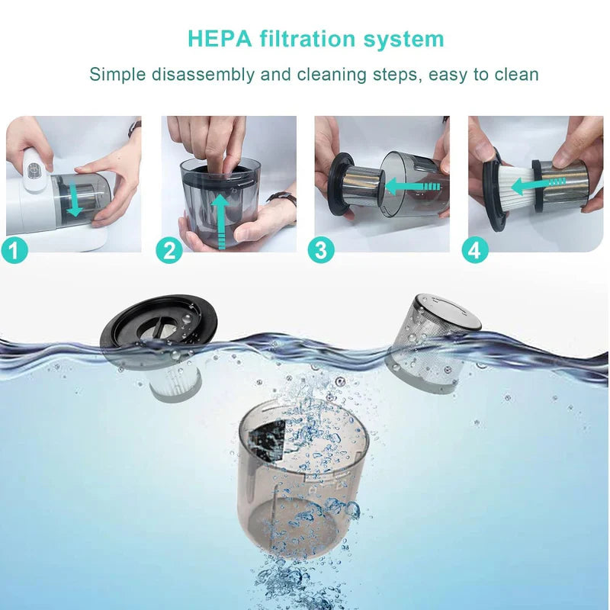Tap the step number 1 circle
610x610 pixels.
pyautogui.click(x=17, y=249)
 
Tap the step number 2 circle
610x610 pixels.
pyautogui.click(x=169, y=249)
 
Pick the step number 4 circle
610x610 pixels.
pyautogui.click(x=474, y=249)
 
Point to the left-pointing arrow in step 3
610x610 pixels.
pyautogui.click(x=412, y=185)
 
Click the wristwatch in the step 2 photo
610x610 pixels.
pyautogui.click(x=283, y=200)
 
